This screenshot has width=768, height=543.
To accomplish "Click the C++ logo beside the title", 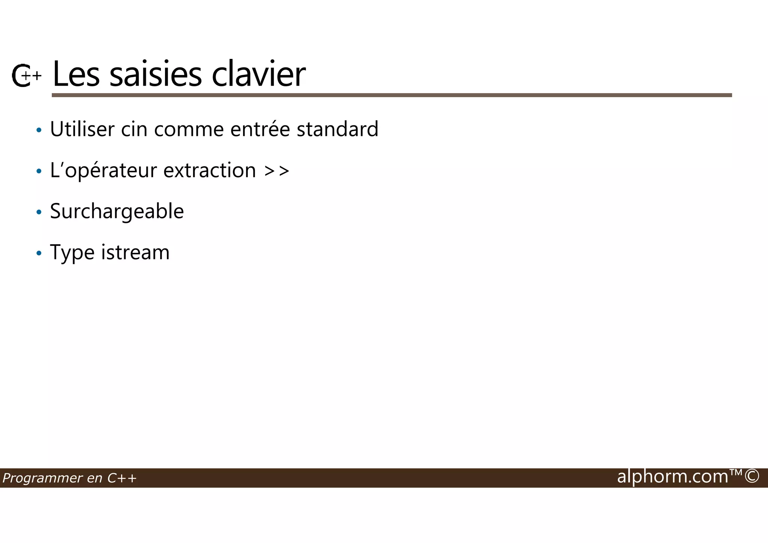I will pyautogui.click(x=25, y=76).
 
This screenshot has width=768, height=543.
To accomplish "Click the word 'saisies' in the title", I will pyautogui.click(x=155, y=74).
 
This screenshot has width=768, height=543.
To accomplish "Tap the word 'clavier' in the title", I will pyautogui.click(x=258, y=74).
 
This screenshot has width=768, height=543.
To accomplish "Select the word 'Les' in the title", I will pyautogui.click(x=76, y=74).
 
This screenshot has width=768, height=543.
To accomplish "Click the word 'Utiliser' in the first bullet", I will pyautogui.click(x=82, y=129).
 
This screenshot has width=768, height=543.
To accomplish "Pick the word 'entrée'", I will pyautogui.click(x=260, y=129).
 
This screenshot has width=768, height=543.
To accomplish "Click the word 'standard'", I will pyautogui.click(x=337, y=129).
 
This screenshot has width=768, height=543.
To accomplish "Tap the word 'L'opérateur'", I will pyautogui.click(x=103, y=171).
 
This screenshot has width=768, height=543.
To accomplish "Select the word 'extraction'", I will pyautogui.click(x=210, y=170).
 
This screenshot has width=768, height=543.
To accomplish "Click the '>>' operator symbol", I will pyautogui.click(x=277, y=171).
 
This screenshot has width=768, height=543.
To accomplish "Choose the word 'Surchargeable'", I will pyautogui.click(x=117, y=211).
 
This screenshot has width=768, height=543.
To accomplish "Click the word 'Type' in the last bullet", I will pyautogui.click(x=72, y=253).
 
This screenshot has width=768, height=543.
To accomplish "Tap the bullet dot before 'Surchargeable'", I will pyautogui.click(x=39, y=212).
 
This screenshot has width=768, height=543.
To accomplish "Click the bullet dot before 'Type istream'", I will pyautogui.click(x=39, y=253).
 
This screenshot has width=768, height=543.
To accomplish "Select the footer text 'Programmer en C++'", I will pyautogui.click(x=69, y=478).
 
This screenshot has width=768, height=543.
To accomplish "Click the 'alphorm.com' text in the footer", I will pyautogui.click(x=672, y=477).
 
